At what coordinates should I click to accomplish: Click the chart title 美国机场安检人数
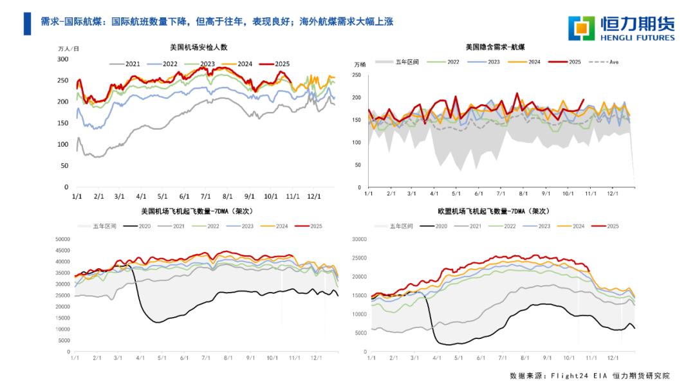click(x=198, y=48)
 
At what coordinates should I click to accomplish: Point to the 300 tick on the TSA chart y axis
click(x=62, y=59)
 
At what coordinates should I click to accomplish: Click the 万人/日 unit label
click(x=69, y=49)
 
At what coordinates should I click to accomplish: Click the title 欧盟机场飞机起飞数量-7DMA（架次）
click(x=494, y=210)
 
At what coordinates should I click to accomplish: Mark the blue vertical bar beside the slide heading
click(x=27, y=24)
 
